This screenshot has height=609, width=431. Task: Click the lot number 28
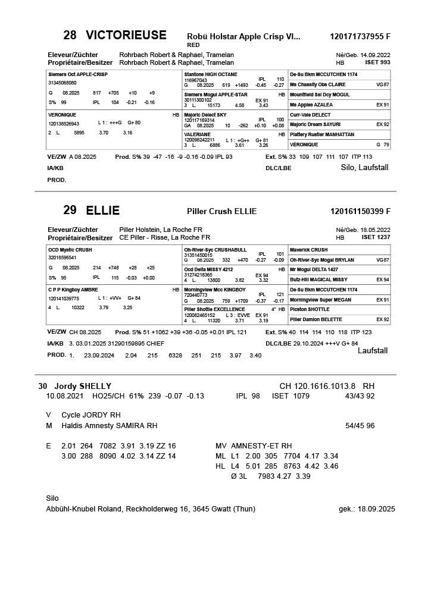click(x=70, y=35)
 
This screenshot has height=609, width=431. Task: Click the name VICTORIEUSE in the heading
click(x=126, y=35)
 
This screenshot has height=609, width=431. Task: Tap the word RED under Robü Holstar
click(x=193, y=45)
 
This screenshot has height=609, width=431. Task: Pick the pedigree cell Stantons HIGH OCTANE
click(x=211, y=74)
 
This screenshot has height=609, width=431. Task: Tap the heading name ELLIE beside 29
click(x=102, y=211)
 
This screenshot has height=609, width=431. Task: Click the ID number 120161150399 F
click(x=360, y=211)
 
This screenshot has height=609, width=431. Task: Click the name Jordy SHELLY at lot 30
click(x=83, y=386)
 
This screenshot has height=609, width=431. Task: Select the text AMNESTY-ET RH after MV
click(x=262, y=445)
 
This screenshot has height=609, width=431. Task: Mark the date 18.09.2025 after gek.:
click(x=377, y=509)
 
